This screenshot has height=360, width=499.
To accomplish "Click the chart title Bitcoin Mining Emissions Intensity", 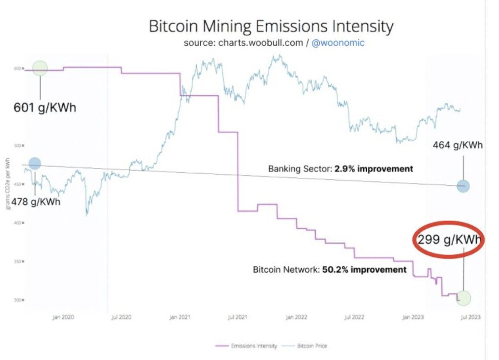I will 271,27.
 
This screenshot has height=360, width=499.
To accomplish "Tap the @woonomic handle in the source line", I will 338,43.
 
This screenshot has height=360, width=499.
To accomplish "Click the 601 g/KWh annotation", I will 45,108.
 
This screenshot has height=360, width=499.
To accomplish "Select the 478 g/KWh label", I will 36,202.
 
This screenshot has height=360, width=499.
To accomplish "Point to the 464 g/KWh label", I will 457,145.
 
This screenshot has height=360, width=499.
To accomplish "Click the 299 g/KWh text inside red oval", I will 448,240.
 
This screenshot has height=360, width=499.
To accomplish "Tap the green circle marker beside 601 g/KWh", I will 40,69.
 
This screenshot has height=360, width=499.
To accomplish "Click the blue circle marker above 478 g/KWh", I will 35,163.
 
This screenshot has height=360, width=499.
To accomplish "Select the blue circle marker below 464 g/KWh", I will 463,186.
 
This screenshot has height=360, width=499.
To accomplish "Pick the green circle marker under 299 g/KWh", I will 464,298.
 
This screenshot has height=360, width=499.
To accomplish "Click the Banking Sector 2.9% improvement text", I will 341,169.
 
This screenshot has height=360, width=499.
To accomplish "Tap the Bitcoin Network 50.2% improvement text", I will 330,269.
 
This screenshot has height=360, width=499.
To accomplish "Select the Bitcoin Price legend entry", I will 312,346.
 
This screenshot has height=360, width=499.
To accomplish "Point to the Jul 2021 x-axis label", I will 237,317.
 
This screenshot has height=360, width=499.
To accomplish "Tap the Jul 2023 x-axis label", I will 471,317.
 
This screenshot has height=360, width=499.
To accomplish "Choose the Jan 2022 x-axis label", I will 296,317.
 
